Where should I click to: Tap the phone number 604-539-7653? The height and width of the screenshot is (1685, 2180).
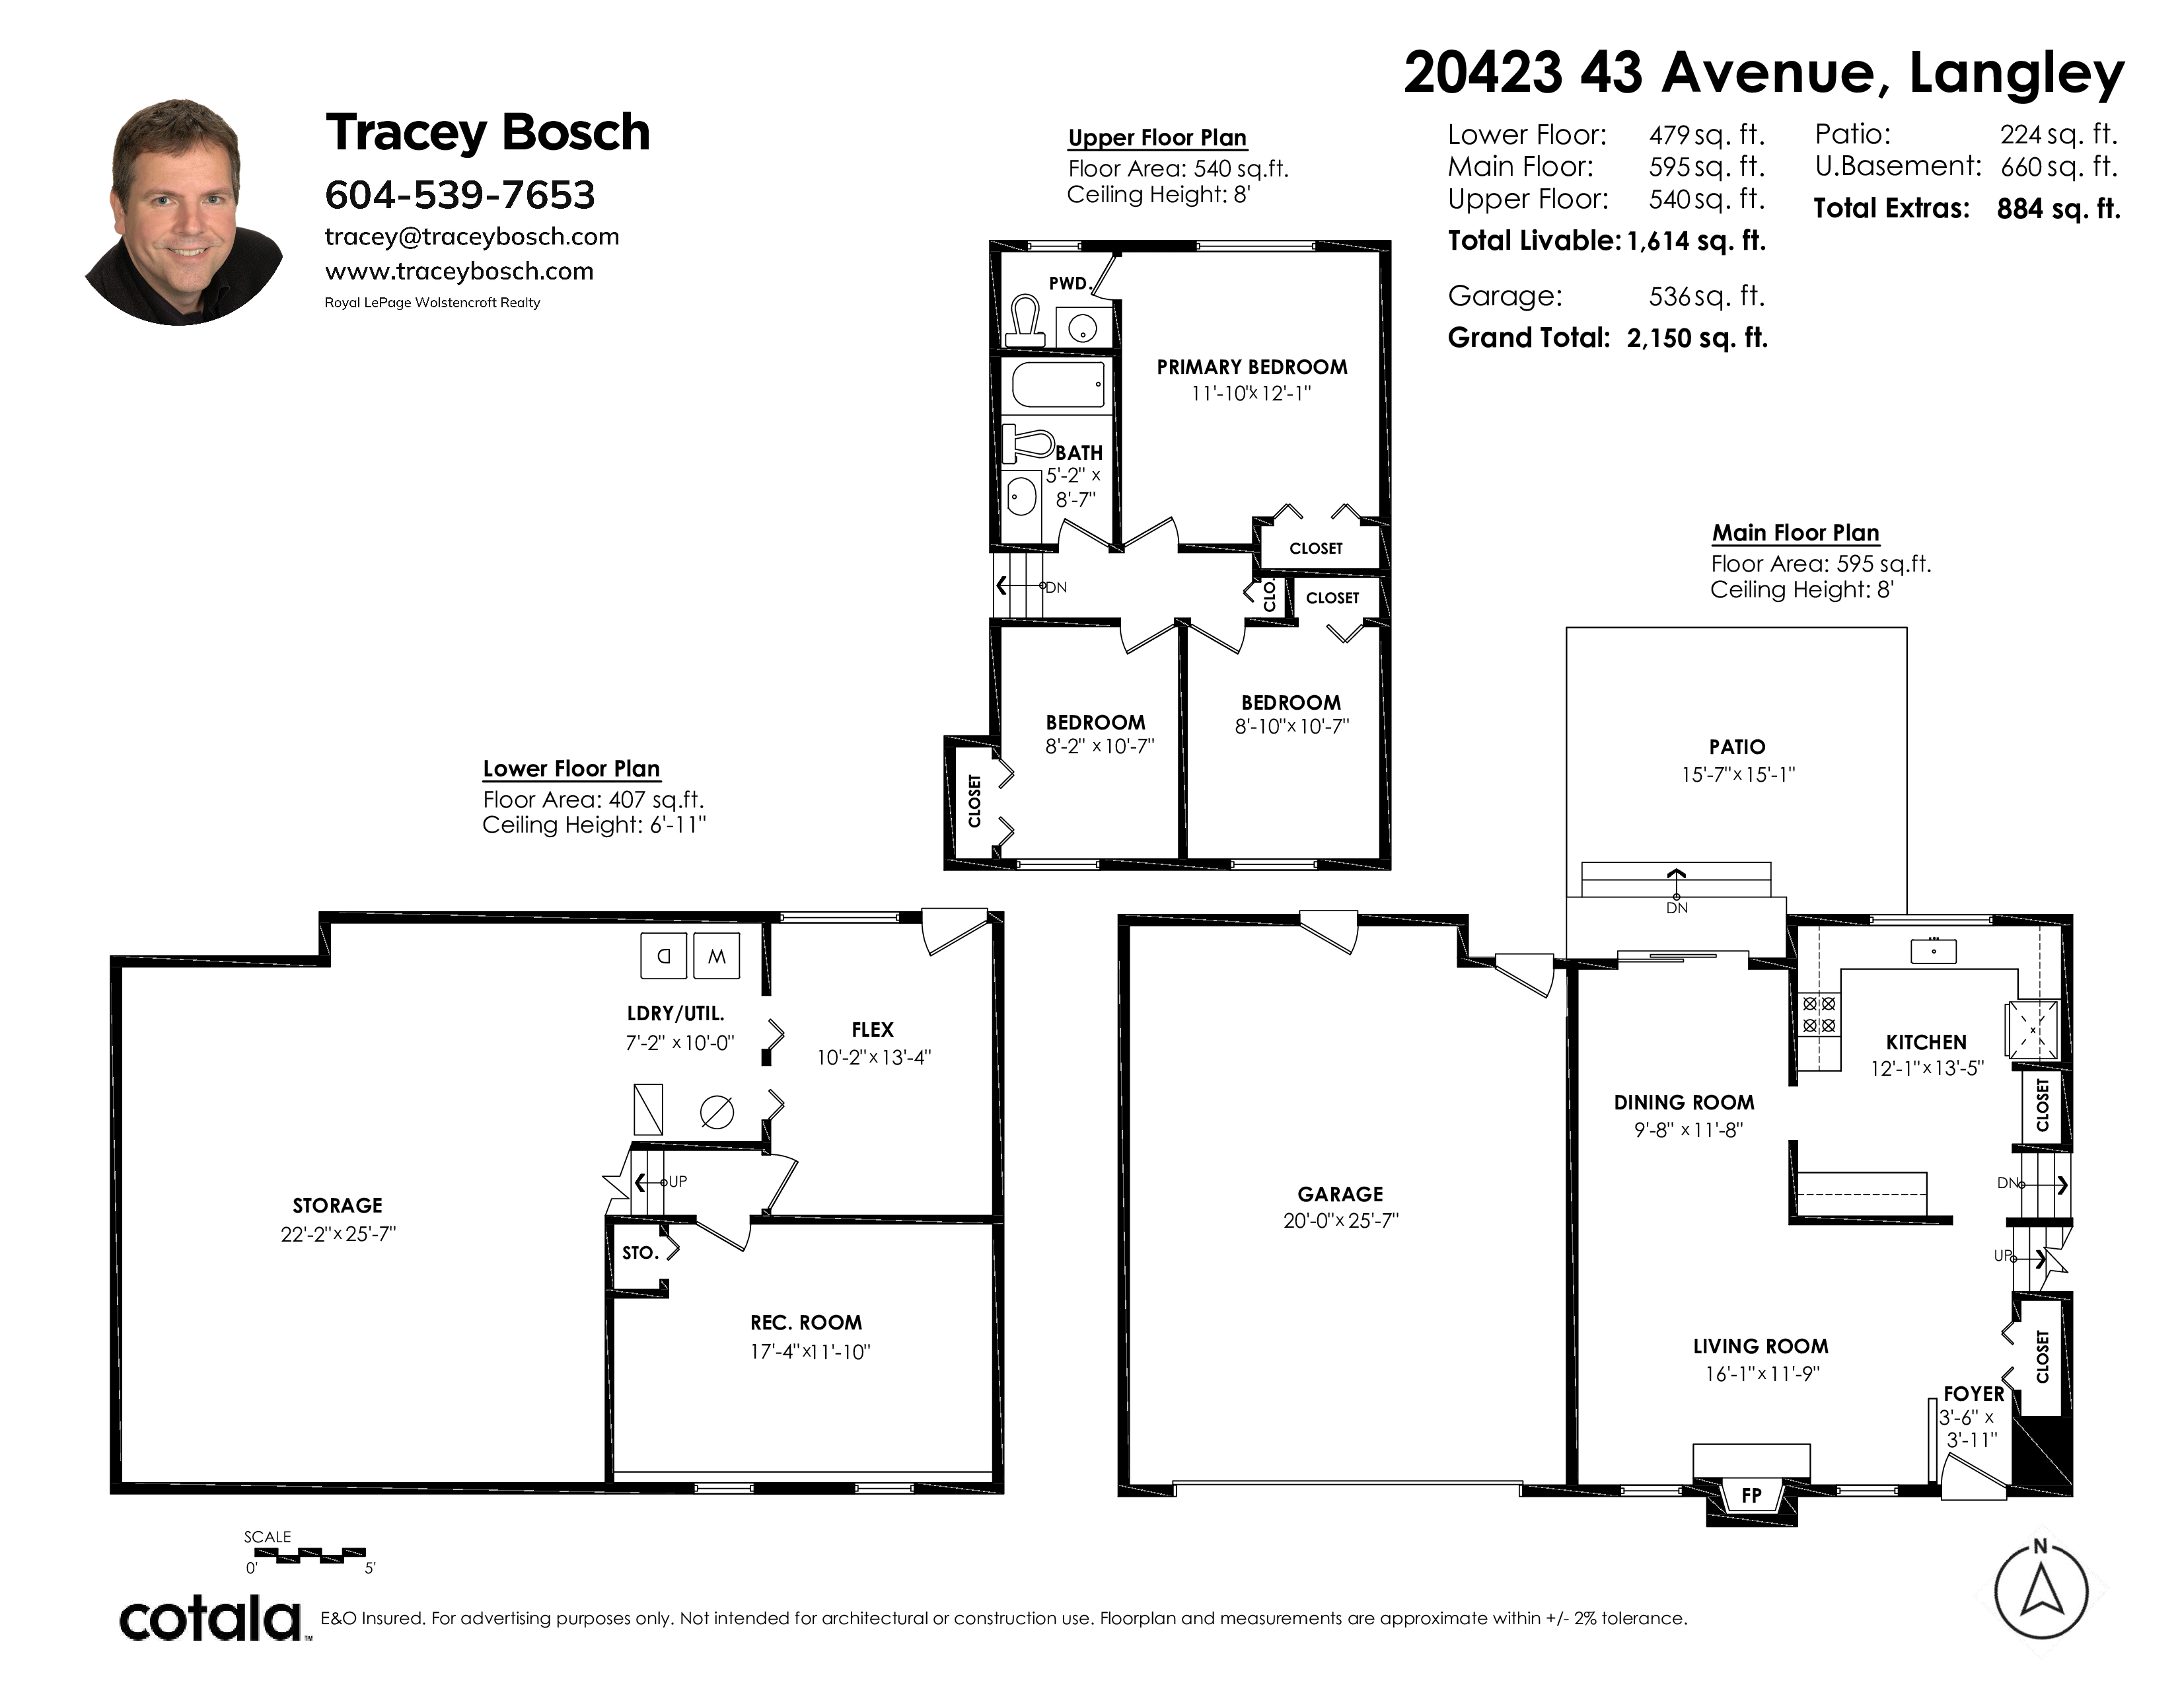tap(460, 195)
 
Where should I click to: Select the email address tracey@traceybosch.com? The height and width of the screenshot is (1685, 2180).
tap(472, 237)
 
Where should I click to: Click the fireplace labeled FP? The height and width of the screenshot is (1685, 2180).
tap(1752, 1494)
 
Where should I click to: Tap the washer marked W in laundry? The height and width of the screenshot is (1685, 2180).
tap(717, 956)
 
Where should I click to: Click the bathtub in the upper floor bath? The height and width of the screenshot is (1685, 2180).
tap(1057, 385)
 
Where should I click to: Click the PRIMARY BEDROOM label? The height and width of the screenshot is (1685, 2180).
tap(1252, 367)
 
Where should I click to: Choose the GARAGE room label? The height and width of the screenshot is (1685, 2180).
tap(1340, 1194)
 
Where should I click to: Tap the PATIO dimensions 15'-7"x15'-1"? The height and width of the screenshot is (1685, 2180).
tap(1738, 774)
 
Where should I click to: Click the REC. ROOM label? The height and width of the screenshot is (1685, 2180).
tap(807, 1323)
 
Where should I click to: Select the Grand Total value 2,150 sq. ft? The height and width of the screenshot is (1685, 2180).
tap(1697, 338)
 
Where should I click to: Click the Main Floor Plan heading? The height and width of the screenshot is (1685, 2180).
tap(1796, 533)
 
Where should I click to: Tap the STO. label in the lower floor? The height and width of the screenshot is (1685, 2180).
tap(640, 1253)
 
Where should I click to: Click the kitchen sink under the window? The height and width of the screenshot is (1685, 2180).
tap(1934, 952)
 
